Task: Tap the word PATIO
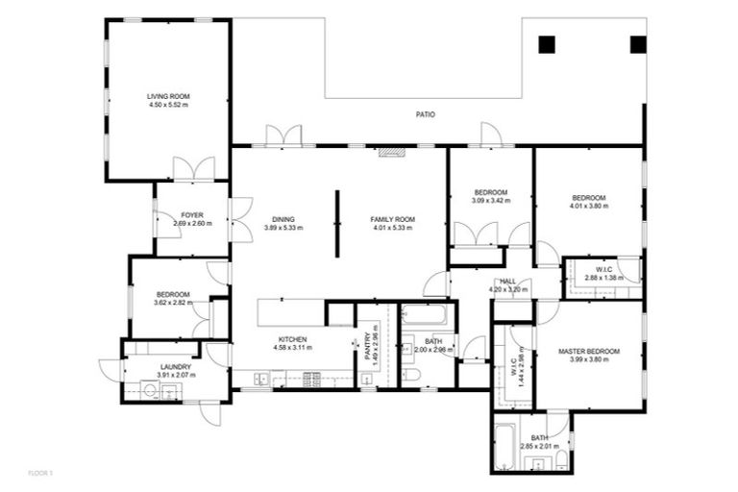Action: click(x=425, y=114)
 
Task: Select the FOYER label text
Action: click(x=192, y=215)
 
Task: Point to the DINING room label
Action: click(x=283, y=219)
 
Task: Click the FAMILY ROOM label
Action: click(x=391, y=219)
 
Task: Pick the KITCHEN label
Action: click(x=292, y=339)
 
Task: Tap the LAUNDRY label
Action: click(x=176, y=366)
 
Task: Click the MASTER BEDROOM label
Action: click(x=588, y=352)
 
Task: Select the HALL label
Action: click(x=508, y=282)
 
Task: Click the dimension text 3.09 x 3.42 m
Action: click(x=490, y=201)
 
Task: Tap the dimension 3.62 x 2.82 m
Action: click(x=172, y=303)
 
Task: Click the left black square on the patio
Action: click(x=547, y=44)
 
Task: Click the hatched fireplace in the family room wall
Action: click(x=391, y=151)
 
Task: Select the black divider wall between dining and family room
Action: click(x=337, y=224)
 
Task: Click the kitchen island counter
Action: click(x=290, y=312)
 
